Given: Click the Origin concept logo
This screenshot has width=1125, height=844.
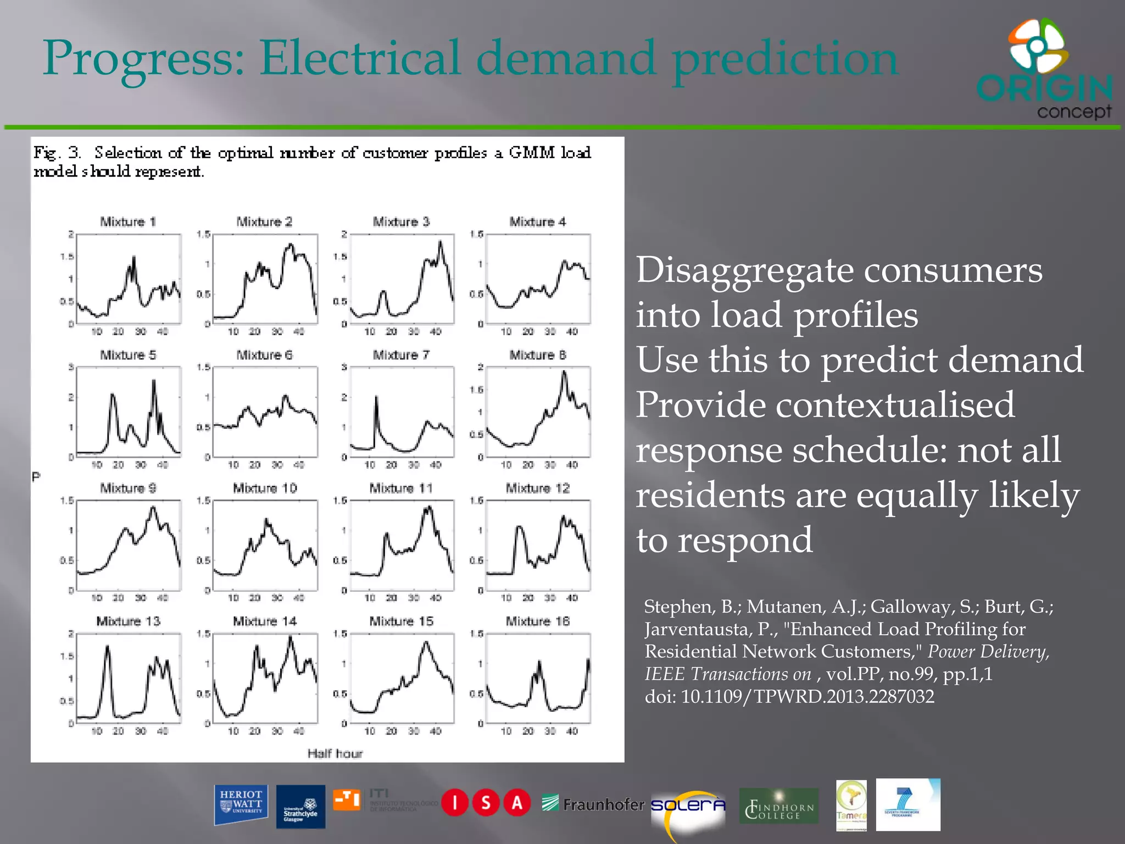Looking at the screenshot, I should point(1044,69).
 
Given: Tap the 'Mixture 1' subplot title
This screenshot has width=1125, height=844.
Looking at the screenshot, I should point(128,221).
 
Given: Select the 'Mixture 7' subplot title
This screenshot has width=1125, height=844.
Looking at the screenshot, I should point(401,355).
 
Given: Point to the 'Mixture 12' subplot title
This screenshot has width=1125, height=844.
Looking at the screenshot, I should point(537,488).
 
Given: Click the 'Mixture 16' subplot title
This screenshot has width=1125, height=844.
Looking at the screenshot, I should point(537,621).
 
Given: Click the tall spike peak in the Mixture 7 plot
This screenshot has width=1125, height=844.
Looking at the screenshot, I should point(376,397).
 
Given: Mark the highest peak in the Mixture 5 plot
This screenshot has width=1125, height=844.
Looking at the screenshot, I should point(154,380).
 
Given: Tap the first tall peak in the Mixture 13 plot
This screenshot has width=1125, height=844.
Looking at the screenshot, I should point(108,647).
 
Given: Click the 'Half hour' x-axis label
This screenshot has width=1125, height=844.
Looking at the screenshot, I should point(335,753).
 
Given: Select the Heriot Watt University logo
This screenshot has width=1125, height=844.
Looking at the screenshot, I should point(241,805).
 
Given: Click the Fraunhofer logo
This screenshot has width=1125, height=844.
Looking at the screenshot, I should point(593,804).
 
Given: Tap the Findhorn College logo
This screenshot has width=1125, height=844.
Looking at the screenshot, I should point(778,806).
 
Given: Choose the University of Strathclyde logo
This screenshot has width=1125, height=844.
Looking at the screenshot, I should point(300,807).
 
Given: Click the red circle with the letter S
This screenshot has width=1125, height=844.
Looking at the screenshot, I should point(486,803).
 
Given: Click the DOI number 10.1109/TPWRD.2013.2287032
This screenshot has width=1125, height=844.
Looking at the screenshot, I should point(807,697).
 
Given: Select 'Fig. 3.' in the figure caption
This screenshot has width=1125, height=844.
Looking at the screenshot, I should point(57,152).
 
